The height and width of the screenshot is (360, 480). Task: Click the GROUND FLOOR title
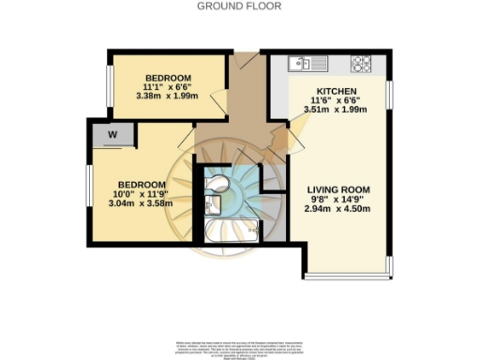239,6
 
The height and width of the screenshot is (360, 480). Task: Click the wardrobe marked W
112,135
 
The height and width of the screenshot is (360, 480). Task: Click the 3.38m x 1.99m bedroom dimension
169,95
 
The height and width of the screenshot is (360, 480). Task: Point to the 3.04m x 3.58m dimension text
137,203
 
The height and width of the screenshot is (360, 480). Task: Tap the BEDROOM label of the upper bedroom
169,76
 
